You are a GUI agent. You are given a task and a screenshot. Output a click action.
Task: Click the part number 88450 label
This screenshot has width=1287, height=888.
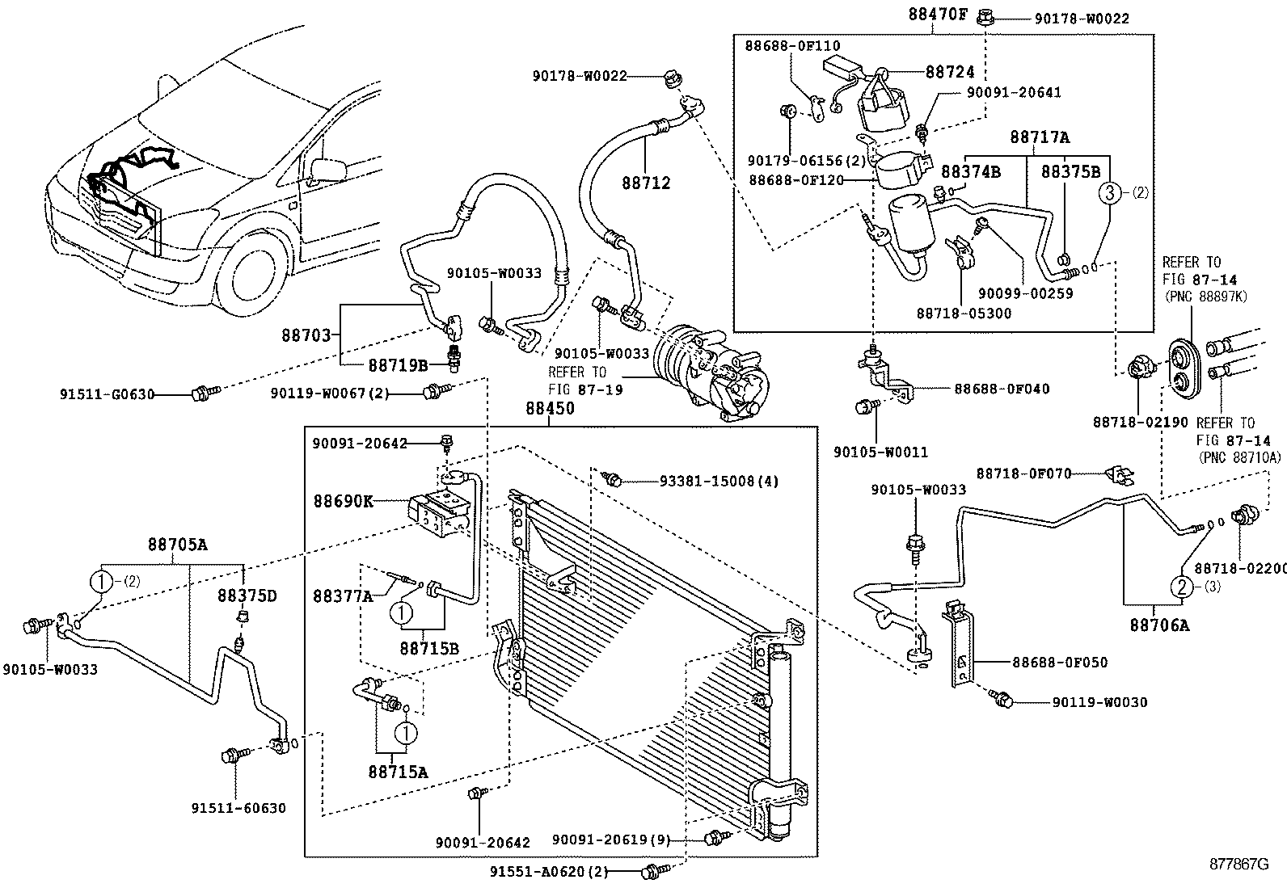[550, 410]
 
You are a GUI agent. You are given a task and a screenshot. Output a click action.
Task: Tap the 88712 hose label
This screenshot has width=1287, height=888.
[646, 183]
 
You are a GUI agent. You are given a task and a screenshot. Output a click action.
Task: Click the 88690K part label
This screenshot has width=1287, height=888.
[344, 501]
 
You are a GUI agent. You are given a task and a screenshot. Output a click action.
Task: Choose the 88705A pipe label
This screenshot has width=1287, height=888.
[177, 545]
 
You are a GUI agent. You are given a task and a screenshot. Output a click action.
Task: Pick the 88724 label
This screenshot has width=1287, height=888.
[950, 73]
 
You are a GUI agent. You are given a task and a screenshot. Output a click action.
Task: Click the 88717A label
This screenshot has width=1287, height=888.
[1038, 138]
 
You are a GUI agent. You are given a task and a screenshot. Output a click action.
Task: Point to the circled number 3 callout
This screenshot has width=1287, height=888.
[1110, 192]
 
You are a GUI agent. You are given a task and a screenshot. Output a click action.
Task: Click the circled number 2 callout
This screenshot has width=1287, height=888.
[1181, 587]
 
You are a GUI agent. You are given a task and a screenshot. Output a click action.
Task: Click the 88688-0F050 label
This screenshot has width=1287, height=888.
[1060, 663]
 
